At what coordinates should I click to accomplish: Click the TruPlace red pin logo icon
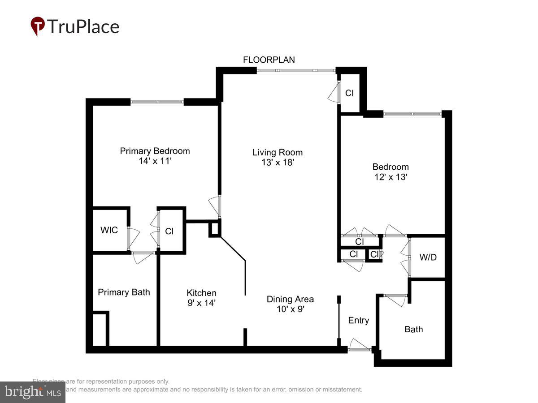(38, 26)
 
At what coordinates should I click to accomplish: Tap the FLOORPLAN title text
(269, 60)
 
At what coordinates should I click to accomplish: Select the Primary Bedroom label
(155, 151)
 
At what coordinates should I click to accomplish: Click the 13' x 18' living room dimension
(277, 163)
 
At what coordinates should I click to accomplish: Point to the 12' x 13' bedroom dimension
(390, 177)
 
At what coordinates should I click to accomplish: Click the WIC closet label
(109, 230)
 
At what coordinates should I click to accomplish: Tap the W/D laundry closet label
(427, 257)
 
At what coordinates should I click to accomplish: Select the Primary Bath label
(124, 292)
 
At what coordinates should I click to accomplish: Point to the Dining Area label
(290, 299)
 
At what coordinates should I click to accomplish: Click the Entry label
(359, 320)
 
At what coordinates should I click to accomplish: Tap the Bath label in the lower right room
(413, 329)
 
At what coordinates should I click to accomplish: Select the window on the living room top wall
(296, 70)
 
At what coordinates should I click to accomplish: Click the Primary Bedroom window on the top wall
(157, 102)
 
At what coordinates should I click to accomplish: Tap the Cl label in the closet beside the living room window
(349, 93)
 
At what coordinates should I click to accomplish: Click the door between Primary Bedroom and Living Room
(216, 206)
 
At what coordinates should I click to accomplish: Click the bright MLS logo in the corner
(33, 392)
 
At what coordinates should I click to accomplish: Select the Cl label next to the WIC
(169, 232)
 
